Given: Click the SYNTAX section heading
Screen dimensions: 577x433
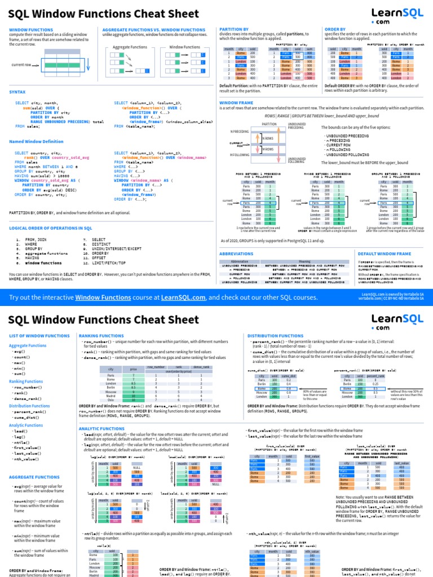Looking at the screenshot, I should coord(17,92).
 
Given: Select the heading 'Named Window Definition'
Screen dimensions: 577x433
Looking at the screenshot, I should coord(36,141).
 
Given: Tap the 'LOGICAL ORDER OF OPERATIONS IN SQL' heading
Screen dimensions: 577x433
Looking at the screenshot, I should coord(50,228).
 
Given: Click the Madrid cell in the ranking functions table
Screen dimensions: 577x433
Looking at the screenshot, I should coord(111,396).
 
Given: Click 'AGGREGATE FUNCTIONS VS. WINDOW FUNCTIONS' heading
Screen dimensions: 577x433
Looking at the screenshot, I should coord(154,29).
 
